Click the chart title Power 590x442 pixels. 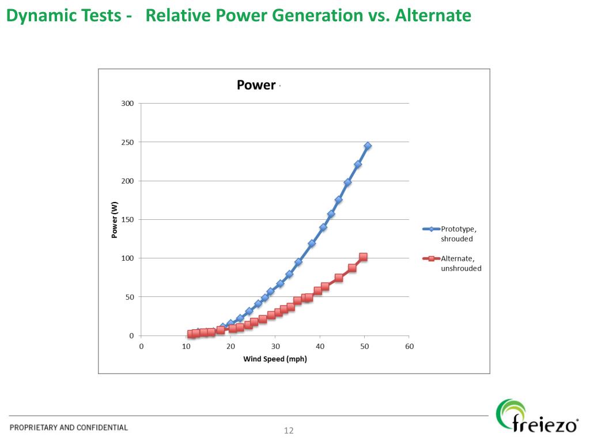pyautogui.click(x=256, y=85)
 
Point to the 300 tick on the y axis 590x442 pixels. pyautogui.click(x=127, y=104)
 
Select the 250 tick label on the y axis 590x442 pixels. pyautogui.click(x=127, y=142)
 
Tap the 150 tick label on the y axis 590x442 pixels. pyautogui.click(x=127, y=220)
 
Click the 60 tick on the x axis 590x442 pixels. pyautogui.click(x=409, y=346)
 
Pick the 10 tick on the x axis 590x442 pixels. pyautogui.click(x=186, y=346)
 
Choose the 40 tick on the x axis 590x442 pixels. pyautogui.click(x=320, y=346)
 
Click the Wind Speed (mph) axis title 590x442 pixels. pyautogui.click(x=275, y=360)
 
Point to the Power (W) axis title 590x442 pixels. pyautogui.click(x=115, y=220)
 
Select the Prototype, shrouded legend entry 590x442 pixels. pyautogui.click(x=458, y=234)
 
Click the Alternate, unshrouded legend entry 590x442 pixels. pyautogui.click(x=460, y=263)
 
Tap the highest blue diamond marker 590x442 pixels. pyautogui.click(x=368, y=146)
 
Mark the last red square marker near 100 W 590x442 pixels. pyautogui.click(x=363, y=257)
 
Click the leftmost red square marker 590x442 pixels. pyautogui.click(x=191, y=334)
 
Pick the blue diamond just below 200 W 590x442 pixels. pyautogui.click(x=347, y=182)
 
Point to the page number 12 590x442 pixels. pyautogui.click(x=289, y=430)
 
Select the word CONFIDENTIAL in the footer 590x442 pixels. pyautogui.click(x=102, y=428)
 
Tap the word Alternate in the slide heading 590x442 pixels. pyautogui.click(x=433, y=16)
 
